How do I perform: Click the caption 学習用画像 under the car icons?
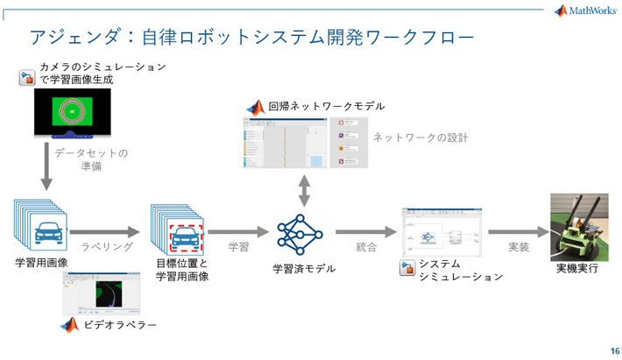click(42, 263)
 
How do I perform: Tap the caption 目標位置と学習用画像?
click(182, 270)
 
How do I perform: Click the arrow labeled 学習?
click(237, 232)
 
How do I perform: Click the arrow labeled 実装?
click(517, 232)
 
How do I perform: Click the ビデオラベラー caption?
click(122, 325)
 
